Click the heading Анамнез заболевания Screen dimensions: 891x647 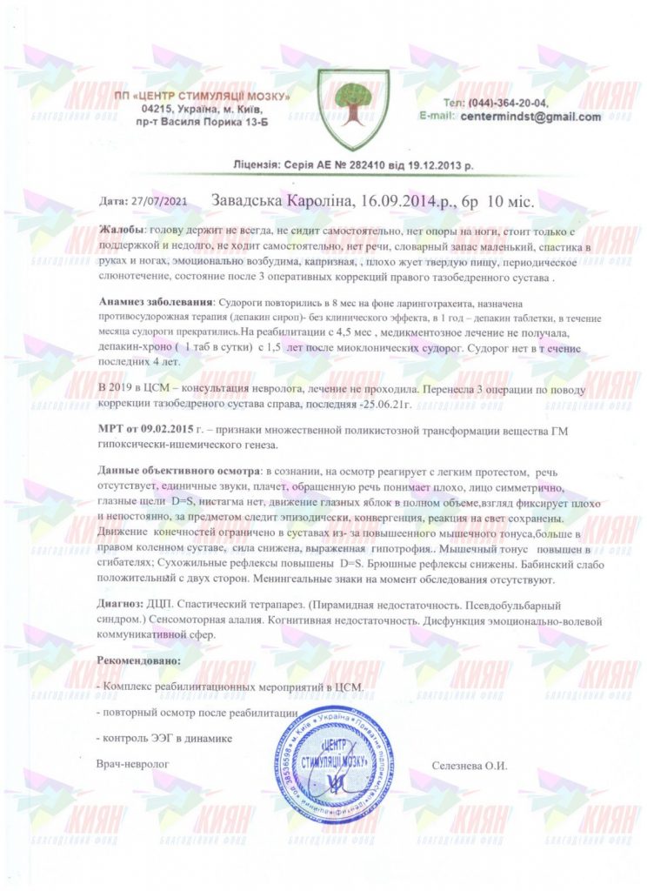(154, 300)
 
